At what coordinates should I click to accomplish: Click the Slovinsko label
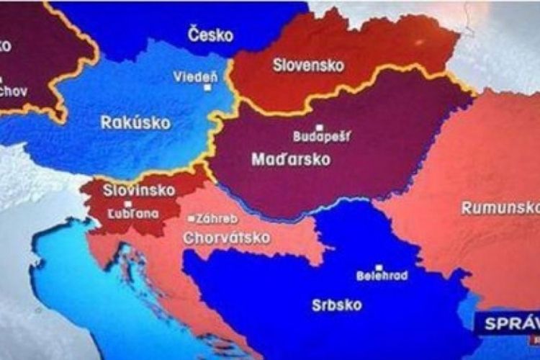pos(130,191)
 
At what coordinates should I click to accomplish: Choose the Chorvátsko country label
pos(227,237)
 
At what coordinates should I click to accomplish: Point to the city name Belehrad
pos(382,275)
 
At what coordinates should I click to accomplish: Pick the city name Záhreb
pos(216,217)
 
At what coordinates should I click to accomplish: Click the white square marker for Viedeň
pos(207,88)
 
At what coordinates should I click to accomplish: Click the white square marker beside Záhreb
pos(190,217)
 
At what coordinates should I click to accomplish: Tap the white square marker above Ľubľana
pos(128,204)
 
